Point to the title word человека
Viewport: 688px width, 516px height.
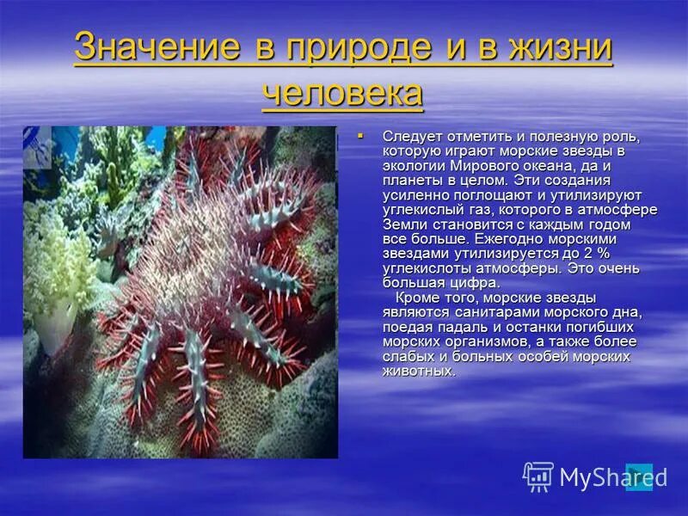coord(342,92)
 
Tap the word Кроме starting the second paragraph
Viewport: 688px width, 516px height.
coord(415,298)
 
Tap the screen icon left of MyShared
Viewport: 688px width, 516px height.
coord(538,476)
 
